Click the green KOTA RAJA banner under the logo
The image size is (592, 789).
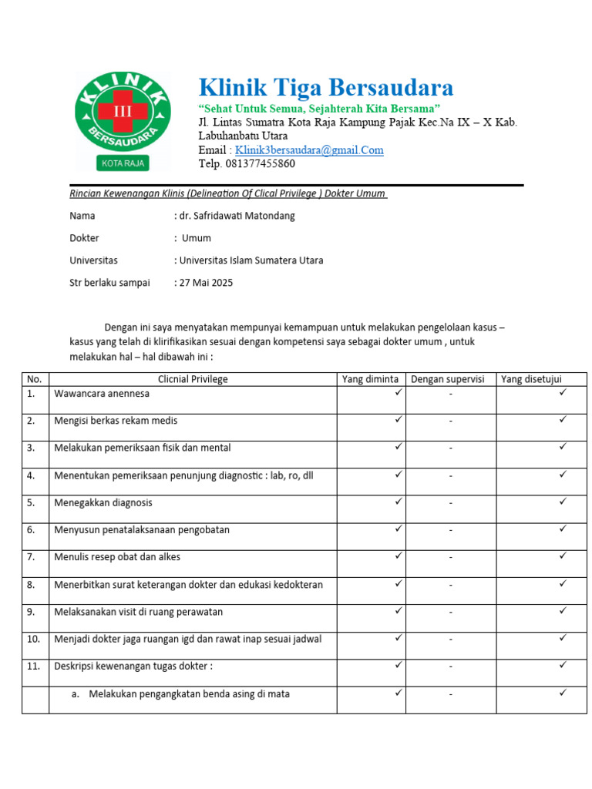pyautogui.click(x=123, y=163)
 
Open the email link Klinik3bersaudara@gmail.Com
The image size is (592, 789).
pyautogui.click(x=309, y=150)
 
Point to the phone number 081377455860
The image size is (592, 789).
pyautogui.click(x=257, y=164)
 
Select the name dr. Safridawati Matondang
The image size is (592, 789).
pyautogui.click(x=237, y=216)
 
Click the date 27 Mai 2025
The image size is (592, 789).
pyautogui.click(x=206, y=283)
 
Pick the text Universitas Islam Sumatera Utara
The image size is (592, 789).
pyautogui.click(x=251, y=260)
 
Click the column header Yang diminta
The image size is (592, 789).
pyautogui.click(x=371, y=379)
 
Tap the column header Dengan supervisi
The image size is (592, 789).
pyautogui.click(x=450, y=379)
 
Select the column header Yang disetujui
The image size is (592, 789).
pyautogui.click(x=531, y=379)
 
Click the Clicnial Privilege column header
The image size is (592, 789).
pyautogui.click(x=193, y=379)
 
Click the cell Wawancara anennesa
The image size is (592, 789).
pyautogui.click(x=102, y=394)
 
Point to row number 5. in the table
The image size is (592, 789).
pyautogui.click(x=32, y=503)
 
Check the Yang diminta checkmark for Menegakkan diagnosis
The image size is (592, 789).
pyautogui.click(x=399, y=502)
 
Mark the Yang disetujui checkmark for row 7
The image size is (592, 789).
pyautogui.click(x=563, y=556)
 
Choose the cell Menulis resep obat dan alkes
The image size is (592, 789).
pyautogui.click(x=117, y=557)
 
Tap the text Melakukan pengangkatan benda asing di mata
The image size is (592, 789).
pyautogui.click(x=189, y=694)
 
